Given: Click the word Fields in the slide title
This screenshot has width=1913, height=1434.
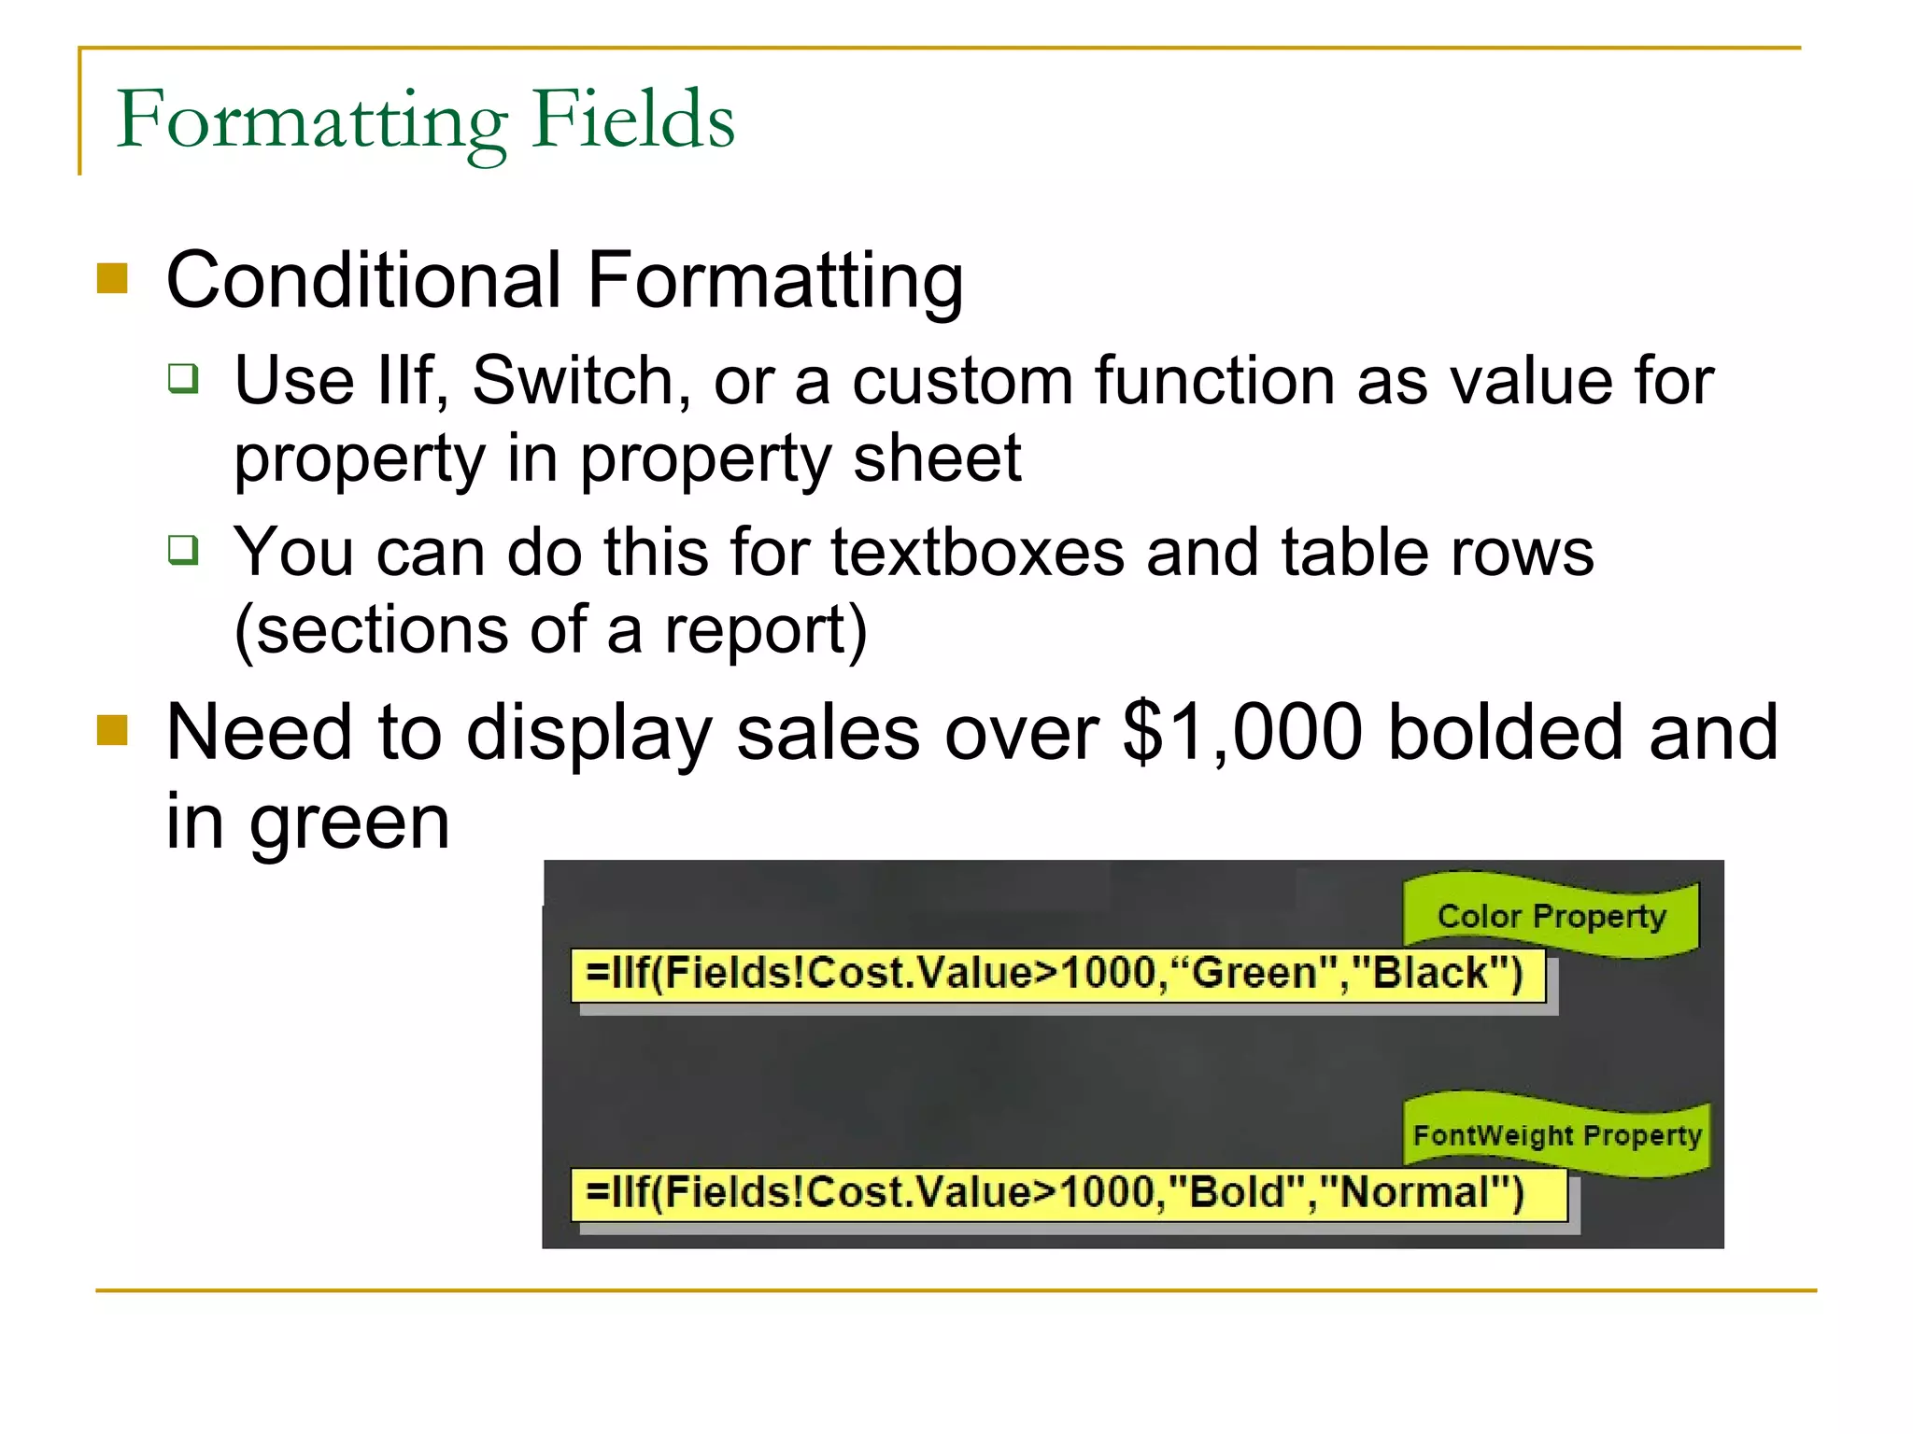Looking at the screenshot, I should (x=633, y=119).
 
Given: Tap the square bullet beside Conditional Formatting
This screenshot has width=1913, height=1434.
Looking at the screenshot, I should (x=112, y=278).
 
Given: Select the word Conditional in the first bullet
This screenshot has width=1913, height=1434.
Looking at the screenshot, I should (x=364, y=280).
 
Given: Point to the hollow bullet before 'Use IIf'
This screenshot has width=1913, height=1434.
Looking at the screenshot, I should (x=183, y=378).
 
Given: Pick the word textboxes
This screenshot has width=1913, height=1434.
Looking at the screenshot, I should (x=978, y=553).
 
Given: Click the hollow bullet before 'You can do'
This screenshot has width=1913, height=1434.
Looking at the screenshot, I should (x=183, y=550).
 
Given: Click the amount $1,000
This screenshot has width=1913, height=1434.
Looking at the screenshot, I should (x=1243, y=734).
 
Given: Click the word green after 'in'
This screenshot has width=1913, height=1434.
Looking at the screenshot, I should (x=349, y=823).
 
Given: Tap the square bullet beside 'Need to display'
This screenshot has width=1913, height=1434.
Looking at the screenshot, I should (x=112, y=730).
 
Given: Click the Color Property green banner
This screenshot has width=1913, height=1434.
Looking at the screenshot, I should (x=1551, y=916).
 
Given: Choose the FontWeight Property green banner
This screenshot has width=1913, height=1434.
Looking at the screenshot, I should (x=1557, y=1135).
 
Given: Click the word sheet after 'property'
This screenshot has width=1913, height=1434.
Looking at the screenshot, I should (x=937, y=459).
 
